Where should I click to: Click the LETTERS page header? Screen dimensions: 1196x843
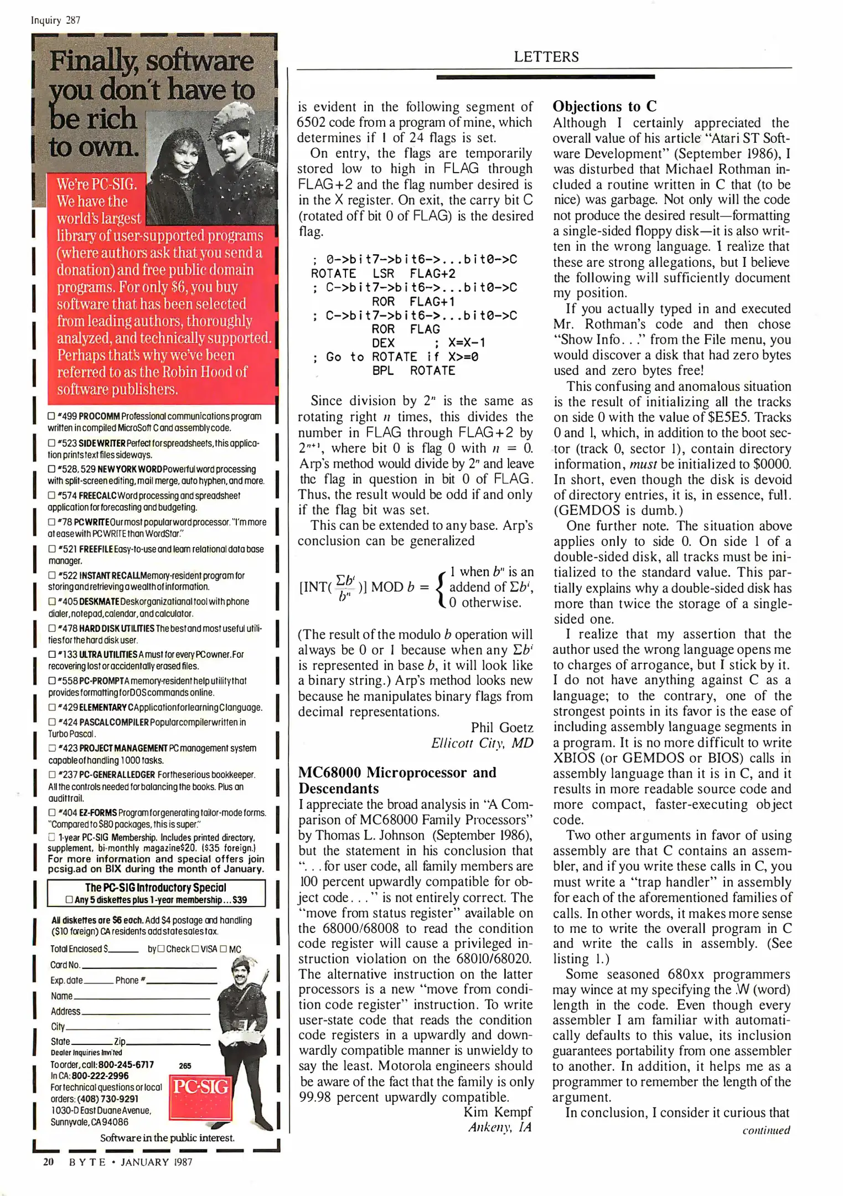click(x=546, y=56)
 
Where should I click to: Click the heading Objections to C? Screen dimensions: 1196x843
click(x=604, y=106)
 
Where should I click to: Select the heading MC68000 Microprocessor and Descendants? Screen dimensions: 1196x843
click(x=397, y=780)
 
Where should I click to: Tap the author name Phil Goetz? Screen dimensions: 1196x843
click(x=501, y=728)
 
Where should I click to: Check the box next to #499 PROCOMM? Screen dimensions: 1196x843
click(x=51, y=416)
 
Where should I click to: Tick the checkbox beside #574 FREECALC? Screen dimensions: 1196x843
click(x=51, y=496)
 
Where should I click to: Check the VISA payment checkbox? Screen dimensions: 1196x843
click(x=195, y=949)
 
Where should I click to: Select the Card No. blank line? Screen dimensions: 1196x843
click(x=148, y=965)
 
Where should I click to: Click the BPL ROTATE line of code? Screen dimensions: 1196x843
click(x=413, y=370)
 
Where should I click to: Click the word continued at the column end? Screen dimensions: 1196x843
click(x=766, y=1130)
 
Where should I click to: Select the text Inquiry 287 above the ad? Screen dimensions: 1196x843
click(x=55, y=20)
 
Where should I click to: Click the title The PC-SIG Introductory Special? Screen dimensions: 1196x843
click(x=156, y=888)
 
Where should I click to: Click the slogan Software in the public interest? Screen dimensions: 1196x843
click(x=167, y=1138)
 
